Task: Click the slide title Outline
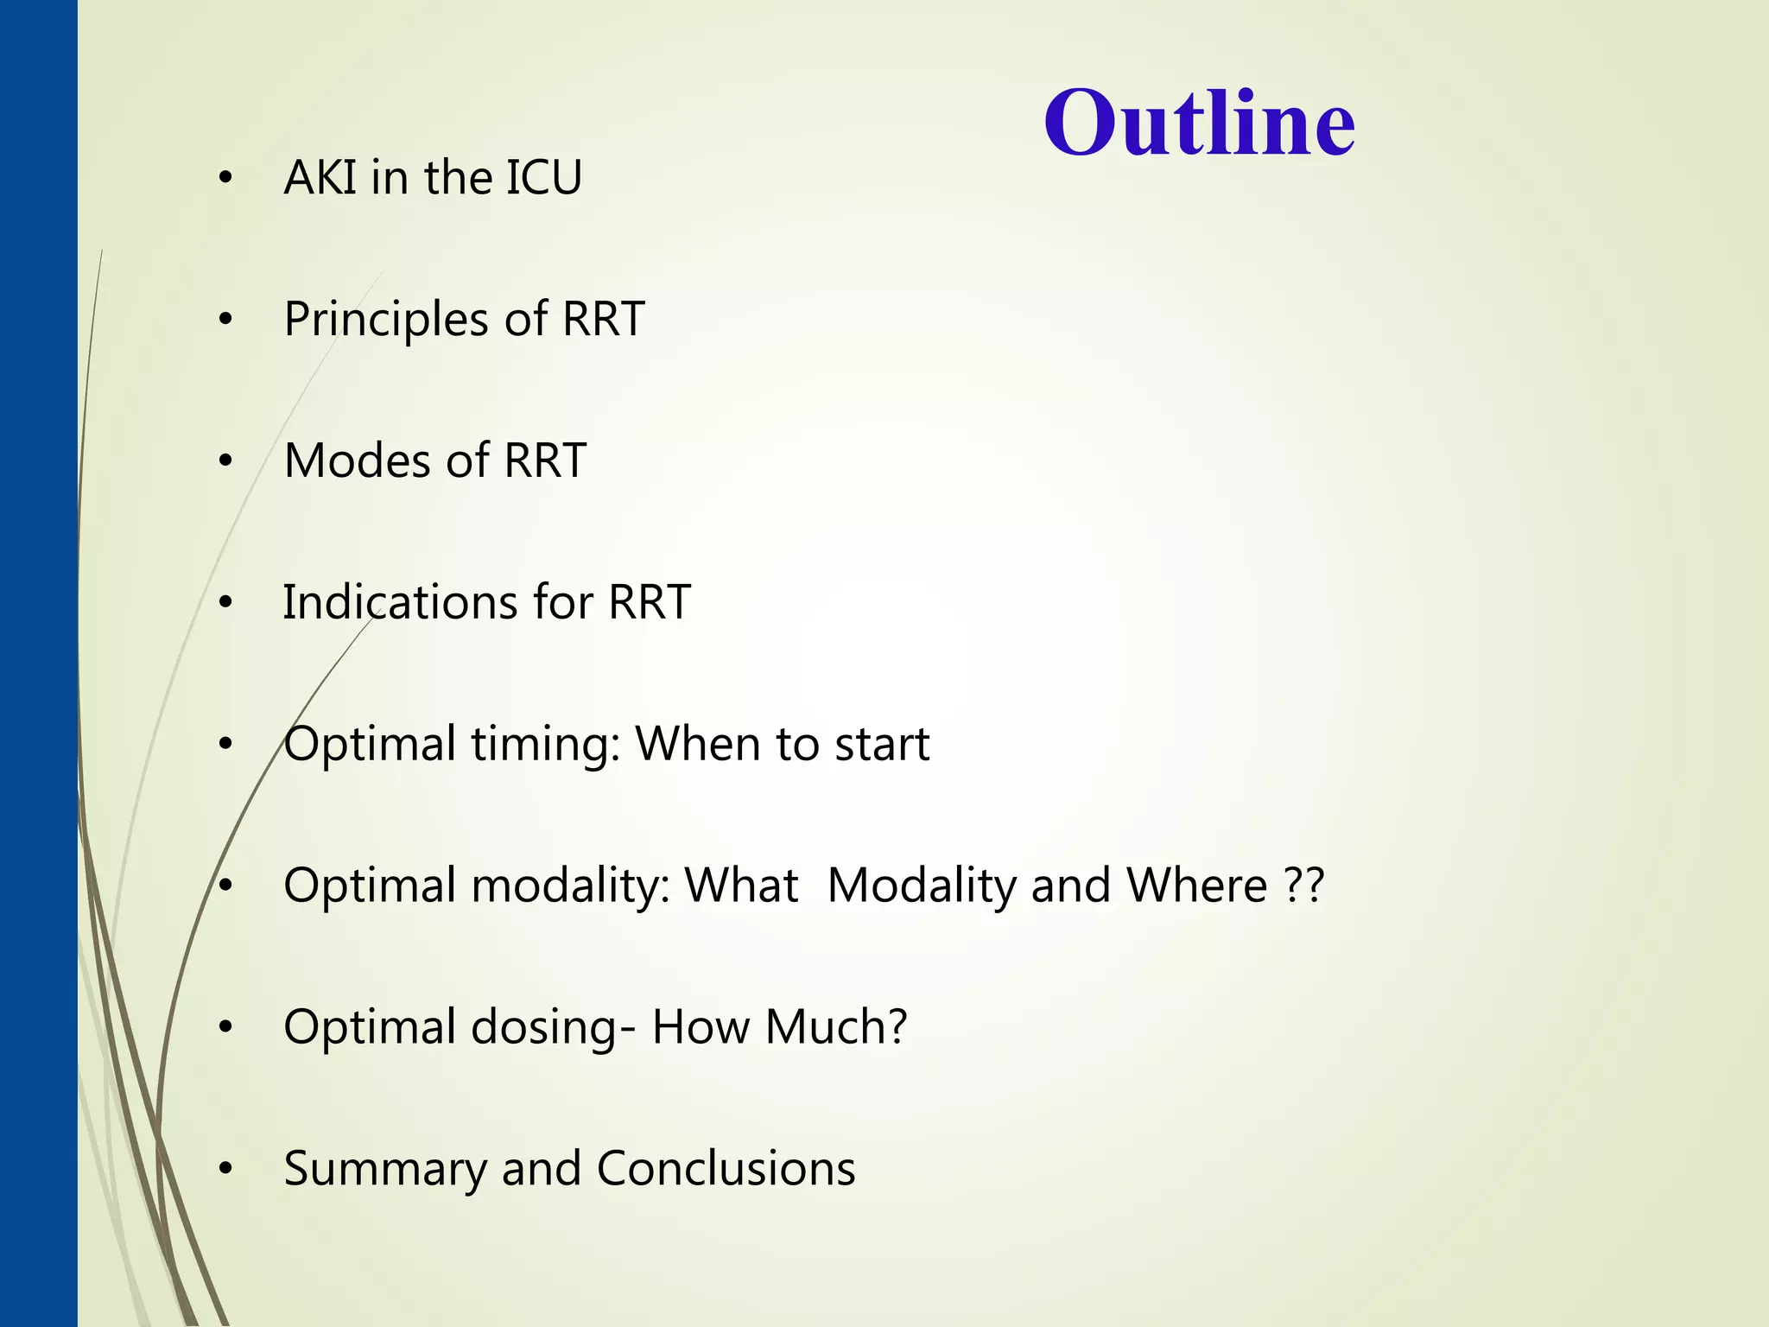click(x=1199, y=123)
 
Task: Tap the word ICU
click(x=543, y=178)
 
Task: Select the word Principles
click(x=386, y=320)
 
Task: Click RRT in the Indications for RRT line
click(x=649, y=602)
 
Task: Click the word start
click(x=882, y=745)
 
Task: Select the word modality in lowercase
click(x=571, y=886)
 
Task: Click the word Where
click(x=1197, y=886)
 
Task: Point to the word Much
click(x=835, y=1027)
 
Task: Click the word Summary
click(x=385, y=1170)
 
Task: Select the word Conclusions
click(x=726, y=1169)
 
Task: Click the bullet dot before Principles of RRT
click(x=225, y=321)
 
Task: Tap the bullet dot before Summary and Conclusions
click(x=225, y=1170)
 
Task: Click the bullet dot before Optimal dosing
click(x=225, y=1028)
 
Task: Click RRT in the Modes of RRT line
click(x=544, y=460)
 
